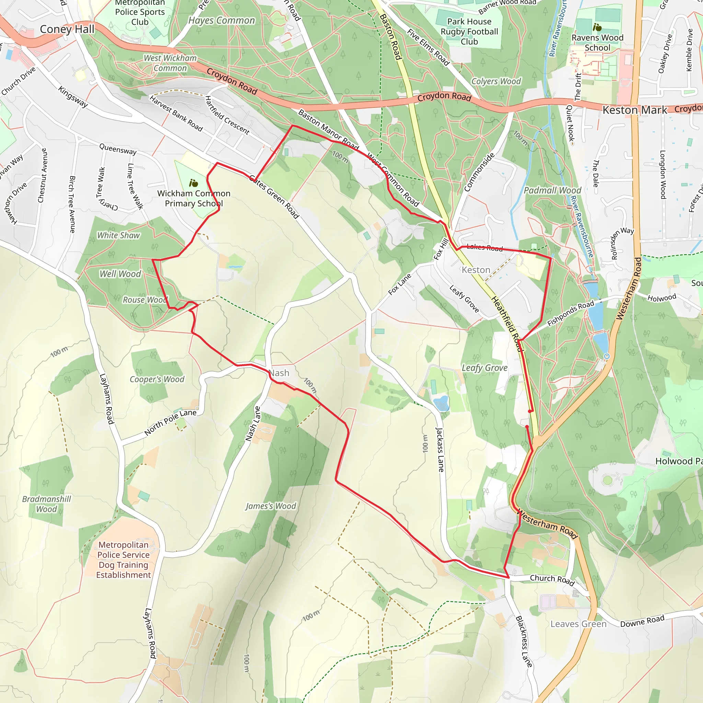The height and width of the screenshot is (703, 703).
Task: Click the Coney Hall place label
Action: pos(67,29)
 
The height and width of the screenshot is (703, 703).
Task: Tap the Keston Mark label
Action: pos(635,110)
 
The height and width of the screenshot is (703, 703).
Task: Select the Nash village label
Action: pos(279,373)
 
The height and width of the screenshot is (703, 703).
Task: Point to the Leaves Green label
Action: pos(578,624)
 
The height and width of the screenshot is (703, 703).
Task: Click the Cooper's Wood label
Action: pos(157,379)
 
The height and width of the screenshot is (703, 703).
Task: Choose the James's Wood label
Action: pos(271,506)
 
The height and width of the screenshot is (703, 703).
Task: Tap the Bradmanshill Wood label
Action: pos(47,504)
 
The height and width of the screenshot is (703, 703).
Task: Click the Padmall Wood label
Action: pos(552,190)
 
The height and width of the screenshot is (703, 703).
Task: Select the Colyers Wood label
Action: pos(496,81)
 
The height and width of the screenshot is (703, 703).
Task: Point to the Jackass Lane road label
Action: pos(440,450)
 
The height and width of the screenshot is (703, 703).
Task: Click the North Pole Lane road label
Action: pos(170,422)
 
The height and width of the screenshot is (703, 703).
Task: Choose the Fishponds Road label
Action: pos(570,313)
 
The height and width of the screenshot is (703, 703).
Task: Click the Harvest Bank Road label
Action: pos(176,113)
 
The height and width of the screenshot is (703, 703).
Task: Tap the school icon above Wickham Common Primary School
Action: pos(194,183)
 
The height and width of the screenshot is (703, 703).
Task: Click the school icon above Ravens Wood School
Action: pos(597,27)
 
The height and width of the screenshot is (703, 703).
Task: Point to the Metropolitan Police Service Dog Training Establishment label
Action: pos(123,560)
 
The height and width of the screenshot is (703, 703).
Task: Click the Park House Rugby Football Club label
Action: pos(469,32)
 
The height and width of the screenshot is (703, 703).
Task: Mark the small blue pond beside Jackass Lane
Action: pos(441,404)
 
